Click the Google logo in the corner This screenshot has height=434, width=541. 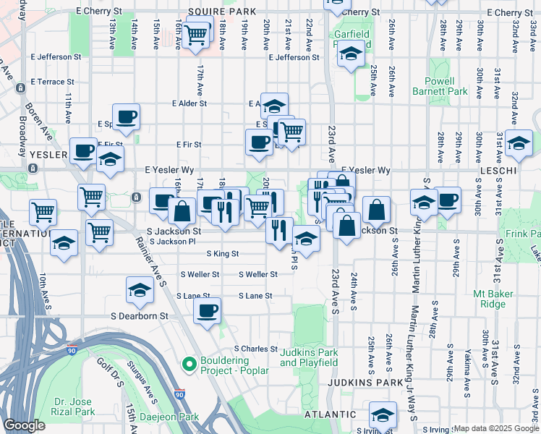tap(24, 425)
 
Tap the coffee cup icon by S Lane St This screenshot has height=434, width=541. tap(208, 311)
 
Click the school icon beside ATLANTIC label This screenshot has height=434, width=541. tap(383, 414)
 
